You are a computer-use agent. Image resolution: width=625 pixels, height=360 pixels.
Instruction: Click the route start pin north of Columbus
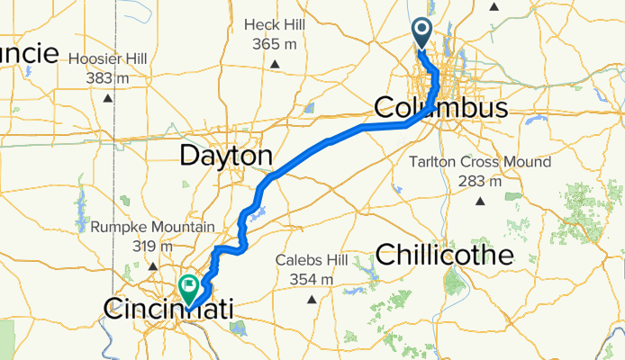tap(422, 33)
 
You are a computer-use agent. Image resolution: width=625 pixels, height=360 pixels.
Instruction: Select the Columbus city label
tap(441, 109)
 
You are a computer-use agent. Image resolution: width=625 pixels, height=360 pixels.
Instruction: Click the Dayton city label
tap(225, 157)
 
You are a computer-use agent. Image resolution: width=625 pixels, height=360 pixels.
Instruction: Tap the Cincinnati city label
tap(168, 310)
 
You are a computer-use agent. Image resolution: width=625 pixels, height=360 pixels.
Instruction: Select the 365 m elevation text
tap(275, 42)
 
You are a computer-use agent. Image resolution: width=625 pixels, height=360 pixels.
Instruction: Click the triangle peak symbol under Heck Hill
tap(275, 63)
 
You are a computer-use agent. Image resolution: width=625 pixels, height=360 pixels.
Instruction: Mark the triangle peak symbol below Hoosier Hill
tap(108, 98)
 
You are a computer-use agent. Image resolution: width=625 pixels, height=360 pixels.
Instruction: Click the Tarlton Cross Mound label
tap(478, 163)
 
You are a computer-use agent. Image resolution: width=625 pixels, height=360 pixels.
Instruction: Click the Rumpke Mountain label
tap(152, 228)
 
